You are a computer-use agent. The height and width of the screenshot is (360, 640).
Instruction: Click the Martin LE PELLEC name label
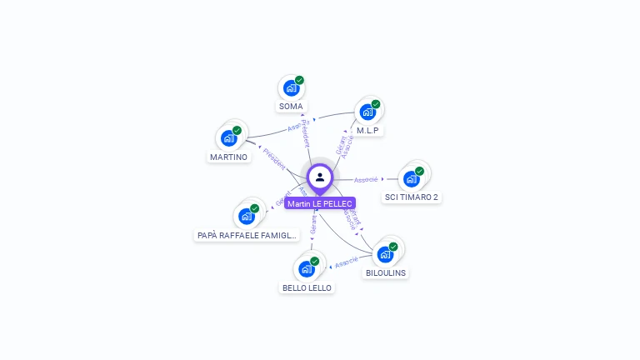coord(320,203)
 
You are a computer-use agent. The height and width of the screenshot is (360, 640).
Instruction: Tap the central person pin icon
coord(320,177)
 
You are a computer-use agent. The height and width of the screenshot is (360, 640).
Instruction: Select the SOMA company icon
coord(291,87)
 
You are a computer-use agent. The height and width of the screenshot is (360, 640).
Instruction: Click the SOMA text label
coord(291,107)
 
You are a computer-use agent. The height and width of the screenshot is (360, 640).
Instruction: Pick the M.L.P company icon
coord(367,112)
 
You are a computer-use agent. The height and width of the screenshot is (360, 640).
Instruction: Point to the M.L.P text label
coord(369,131)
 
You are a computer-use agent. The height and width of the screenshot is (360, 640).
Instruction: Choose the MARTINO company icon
coord(228,138)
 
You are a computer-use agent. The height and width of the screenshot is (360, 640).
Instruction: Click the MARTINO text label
coord(228,157)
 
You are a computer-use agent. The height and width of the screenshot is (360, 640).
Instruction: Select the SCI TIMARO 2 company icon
coord(411,178)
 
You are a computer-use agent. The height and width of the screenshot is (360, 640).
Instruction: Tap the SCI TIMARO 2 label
coord(412,197)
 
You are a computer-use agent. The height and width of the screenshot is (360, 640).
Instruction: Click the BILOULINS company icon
coord(385,254)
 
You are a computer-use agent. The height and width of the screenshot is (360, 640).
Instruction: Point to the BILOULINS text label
coord(386,272)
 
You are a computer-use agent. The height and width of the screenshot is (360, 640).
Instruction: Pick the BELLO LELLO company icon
coord(307,268)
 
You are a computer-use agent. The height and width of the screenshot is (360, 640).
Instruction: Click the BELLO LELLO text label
coord(307,287)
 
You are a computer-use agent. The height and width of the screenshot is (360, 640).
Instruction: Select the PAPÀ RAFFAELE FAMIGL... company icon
coord(247,217)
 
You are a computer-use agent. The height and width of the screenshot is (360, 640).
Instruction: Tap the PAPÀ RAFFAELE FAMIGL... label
coord(247,236)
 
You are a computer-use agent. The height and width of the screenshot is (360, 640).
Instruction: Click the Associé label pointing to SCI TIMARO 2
coord(366,179)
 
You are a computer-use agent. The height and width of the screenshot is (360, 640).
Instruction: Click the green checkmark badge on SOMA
coord(299,81)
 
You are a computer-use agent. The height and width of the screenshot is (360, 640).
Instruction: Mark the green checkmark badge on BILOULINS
coord(393,247)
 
